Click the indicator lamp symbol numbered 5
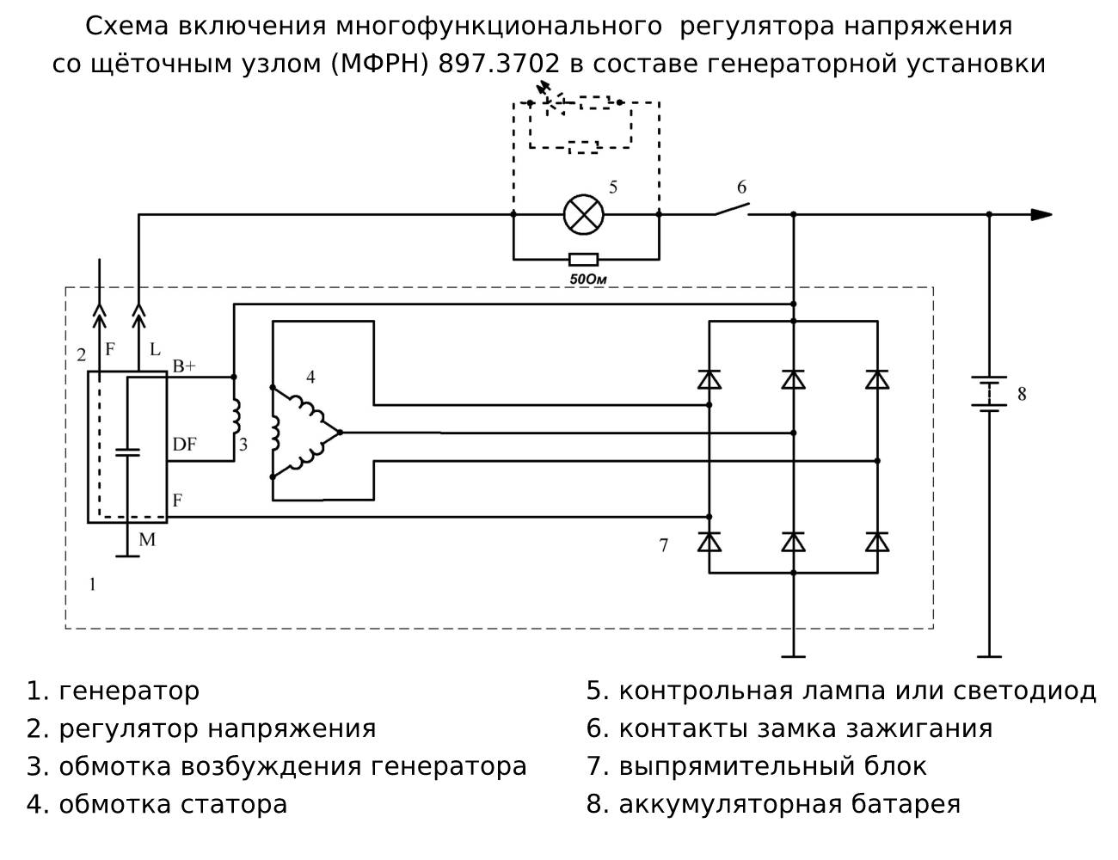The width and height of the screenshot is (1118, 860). point(584,213)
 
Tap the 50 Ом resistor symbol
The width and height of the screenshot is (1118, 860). point(584,258)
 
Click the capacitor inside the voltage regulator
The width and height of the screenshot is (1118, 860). point(127,452)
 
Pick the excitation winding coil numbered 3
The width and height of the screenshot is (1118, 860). point(235,417)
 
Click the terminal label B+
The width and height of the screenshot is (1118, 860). point(184,366)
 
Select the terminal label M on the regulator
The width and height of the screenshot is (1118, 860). point(147,539)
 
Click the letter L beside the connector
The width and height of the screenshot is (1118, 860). point(156,350)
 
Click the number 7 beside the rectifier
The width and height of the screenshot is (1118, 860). point(663,545)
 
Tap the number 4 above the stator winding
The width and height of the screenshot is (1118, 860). point(310,377)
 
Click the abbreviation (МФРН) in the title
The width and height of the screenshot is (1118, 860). point(378,64)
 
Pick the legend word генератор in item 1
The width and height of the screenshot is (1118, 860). point(129,691)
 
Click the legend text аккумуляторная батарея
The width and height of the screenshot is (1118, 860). point(789,804)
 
